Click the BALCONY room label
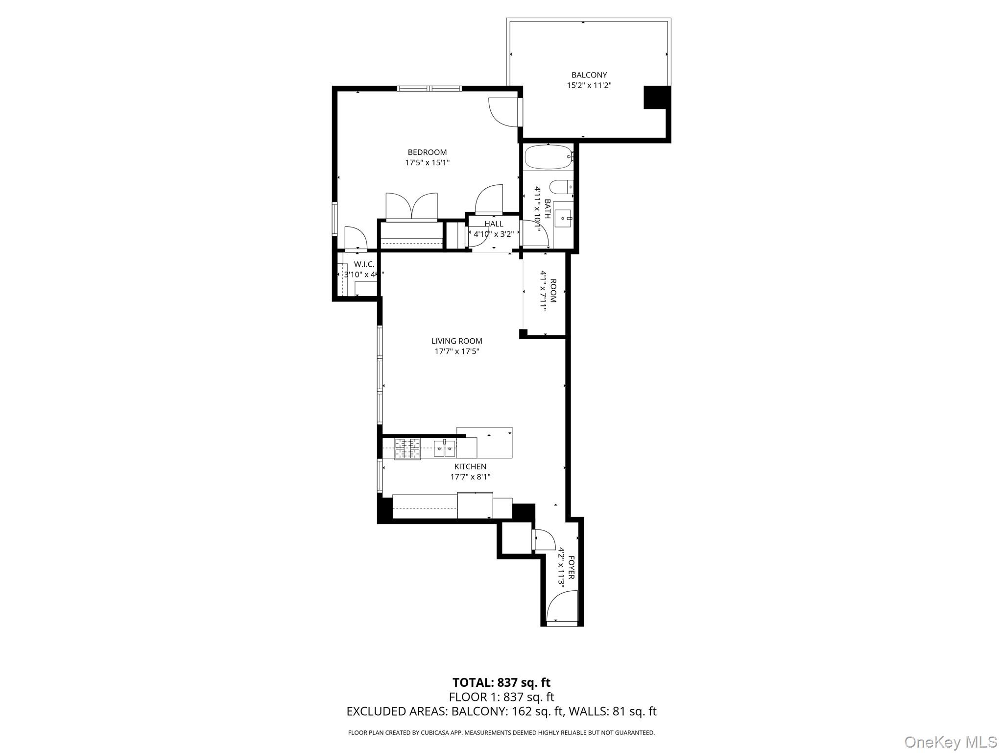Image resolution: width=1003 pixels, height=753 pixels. pyautogui.click(x=589, y=75)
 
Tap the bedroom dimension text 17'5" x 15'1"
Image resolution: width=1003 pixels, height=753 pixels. pyautogui.click(x=427, y=163)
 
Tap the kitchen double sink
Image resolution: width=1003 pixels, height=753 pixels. pyautogui.click(x=444, y=448)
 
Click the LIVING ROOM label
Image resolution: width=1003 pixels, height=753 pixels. pyautogui.click(x=456, y=341)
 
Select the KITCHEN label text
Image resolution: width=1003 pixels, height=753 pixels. pyautogui.click(x=470, y=467)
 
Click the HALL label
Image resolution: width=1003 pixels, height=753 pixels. pyautogui.click(x=493, y=224)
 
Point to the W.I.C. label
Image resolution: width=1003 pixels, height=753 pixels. pyautogui.click(x=364, y=265)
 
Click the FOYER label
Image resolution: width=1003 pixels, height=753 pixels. pyautogui.click(x=571, y=567)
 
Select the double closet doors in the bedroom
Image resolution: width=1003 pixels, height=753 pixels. pyautogui.click(x=411, y=206)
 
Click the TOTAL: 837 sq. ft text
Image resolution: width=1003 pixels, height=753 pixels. pyautogui.click(x=501, y=682)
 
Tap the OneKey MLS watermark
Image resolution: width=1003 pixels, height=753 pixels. pyautogui.click(x=950, y=742)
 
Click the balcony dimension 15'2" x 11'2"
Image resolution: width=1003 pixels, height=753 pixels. pyautogui.click(x=589, y=85)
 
